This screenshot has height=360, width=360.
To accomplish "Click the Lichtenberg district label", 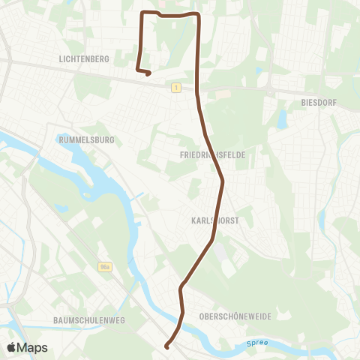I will click(83, 58).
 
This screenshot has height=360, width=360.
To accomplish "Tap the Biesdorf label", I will click(317, 101).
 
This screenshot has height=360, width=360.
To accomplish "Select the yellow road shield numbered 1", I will click(175, 88).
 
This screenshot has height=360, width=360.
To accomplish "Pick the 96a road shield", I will click(104, 265).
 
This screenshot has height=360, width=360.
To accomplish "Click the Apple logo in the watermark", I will click(12, 347).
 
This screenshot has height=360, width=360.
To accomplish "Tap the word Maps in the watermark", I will click(34, 347).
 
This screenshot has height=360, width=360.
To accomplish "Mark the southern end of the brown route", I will click(166, 346).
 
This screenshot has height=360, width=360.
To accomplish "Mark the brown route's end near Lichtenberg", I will click(149, 73).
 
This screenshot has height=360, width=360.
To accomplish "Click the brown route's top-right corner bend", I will click(197, 15).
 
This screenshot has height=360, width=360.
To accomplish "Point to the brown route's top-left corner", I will click(143, 13).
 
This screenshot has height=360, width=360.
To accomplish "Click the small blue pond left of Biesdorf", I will click(281, 118).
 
